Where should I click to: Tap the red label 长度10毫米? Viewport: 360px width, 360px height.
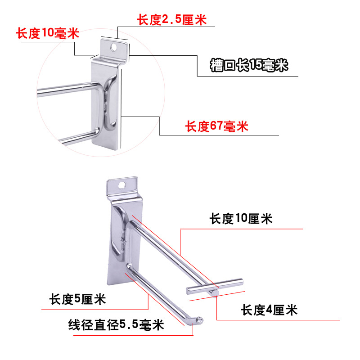pyautogui.click(x=47, y=33)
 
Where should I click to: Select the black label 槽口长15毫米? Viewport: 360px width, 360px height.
pyautogui.click(x=249, y=66)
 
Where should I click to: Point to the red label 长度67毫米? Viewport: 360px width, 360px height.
pyautogui.click(x=217, y=127)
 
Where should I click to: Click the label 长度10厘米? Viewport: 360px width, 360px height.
pyautogui.click(x=241, y=219)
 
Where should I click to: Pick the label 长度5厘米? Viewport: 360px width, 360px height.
pyautogui.click(x=78, y=299)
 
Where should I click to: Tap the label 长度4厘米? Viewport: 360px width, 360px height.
pyautogui.click(x=269, y=310)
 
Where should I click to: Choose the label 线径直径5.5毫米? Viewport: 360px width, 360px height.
pyautogui.click(x=116, y=324)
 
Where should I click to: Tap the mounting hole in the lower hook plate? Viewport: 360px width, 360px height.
pyautogui.click(x=122, y=184)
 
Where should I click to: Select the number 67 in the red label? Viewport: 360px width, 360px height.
pyautogui.click(x=216, y=127)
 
